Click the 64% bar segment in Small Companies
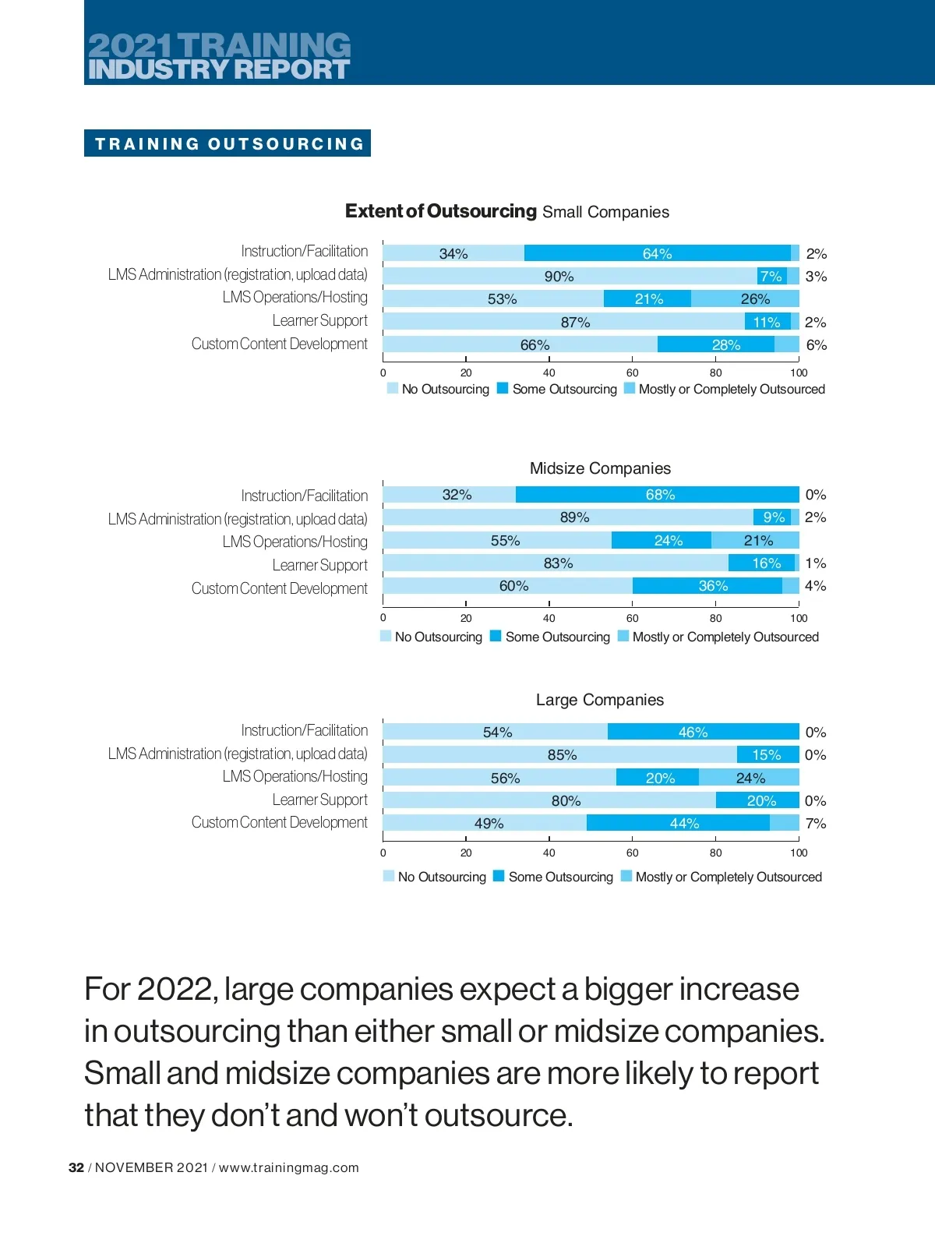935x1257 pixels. point(657,253)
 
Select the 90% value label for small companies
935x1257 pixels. point(559,277)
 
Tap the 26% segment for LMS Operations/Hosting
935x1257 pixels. point(754,299)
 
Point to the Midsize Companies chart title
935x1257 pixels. point(600,468)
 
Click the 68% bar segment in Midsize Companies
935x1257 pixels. point(660,495)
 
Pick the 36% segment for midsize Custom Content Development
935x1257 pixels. point(712,586)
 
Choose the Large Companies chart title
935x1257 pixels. point(600,700)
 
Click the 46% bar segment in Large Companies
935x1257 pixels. point(693,732)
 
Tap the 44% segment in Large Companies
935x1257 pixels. point(684,823)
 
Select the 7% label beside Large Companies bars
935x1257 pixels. point(815,824)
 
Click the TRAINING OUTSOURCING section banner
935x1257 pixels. point(228,143)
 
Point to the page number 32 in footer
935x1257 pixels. point(76,1167)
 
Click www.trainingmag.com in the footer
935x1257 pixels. point(289,1167)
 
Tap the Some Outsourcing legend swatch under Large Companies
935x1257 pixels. point(499,876)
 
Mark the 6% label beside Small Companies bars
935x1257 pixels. point(816,345)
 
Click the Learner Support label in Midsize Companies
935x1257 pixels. point(319,565)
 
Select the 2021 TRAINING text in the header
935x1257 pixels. point(219,45)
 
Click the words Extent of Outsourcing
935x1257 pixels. point(441,211)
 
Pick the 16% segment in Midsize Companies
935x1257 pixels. point(765,563)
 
